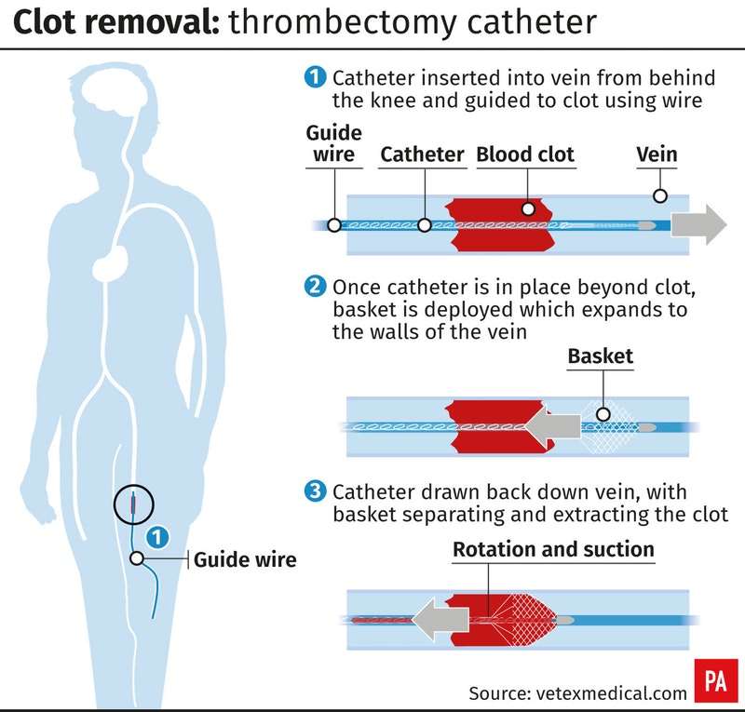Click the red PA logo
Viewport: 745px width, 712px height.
(716, 680)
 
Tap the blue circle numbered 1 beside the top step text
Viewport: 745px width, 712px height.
(315, 77)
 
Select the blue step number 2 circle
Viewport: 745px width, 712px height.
(315, 287)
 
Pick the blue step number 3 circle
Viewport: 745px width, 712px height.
(315, 491)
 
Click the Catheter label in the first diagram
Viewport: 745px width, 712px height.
(422, 154)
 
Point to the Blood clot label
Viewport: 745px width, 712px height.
(525, 154)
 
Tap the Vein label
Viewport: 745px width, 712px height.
(657, 154)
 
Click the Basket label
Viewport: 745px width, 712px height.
(600, 356)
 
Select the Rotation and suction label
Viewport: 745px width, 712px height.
(553, 549)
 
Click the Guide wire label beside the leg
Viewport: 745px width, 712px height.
(245, 559)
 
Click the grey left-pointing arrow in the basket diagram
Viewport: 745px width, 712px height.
(552, 426)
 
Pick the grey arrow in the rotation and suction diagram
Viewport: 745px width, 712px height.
(440, 619)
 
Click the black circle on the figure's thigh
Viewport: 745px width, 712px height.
(133, 485)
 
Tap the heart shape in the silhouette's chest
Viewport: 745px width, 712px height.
(109, 264)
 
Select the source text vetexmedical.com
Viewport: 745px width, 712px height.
(611, 693)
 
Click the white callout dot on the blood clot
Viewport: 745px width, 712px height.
(528, 209)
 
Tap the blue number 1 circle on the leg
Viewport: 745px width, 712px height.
(157, 537)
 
